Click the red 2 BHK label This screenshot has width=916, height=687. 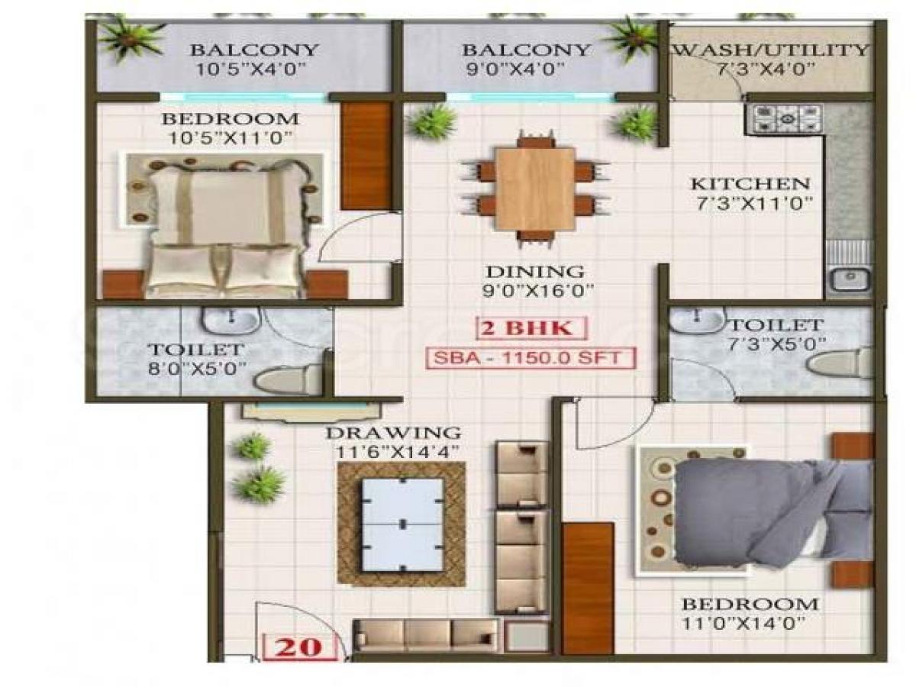coord(533,329)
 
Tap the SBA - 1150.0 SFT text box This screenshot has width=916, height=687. coord(531,358)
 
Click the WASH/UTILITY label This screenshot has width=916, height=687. coord(772,51)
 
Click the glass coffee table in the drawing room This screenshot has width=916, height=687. coord(402,524)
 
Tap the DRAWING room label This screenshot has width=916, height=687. coord(393,433)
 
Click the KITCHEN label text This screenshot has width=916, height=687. coord(750,184)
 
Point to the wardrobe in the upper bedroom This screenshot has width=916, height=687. coord(366,156)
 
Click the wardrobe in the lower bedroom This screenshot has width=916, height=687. coord(588,588)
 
